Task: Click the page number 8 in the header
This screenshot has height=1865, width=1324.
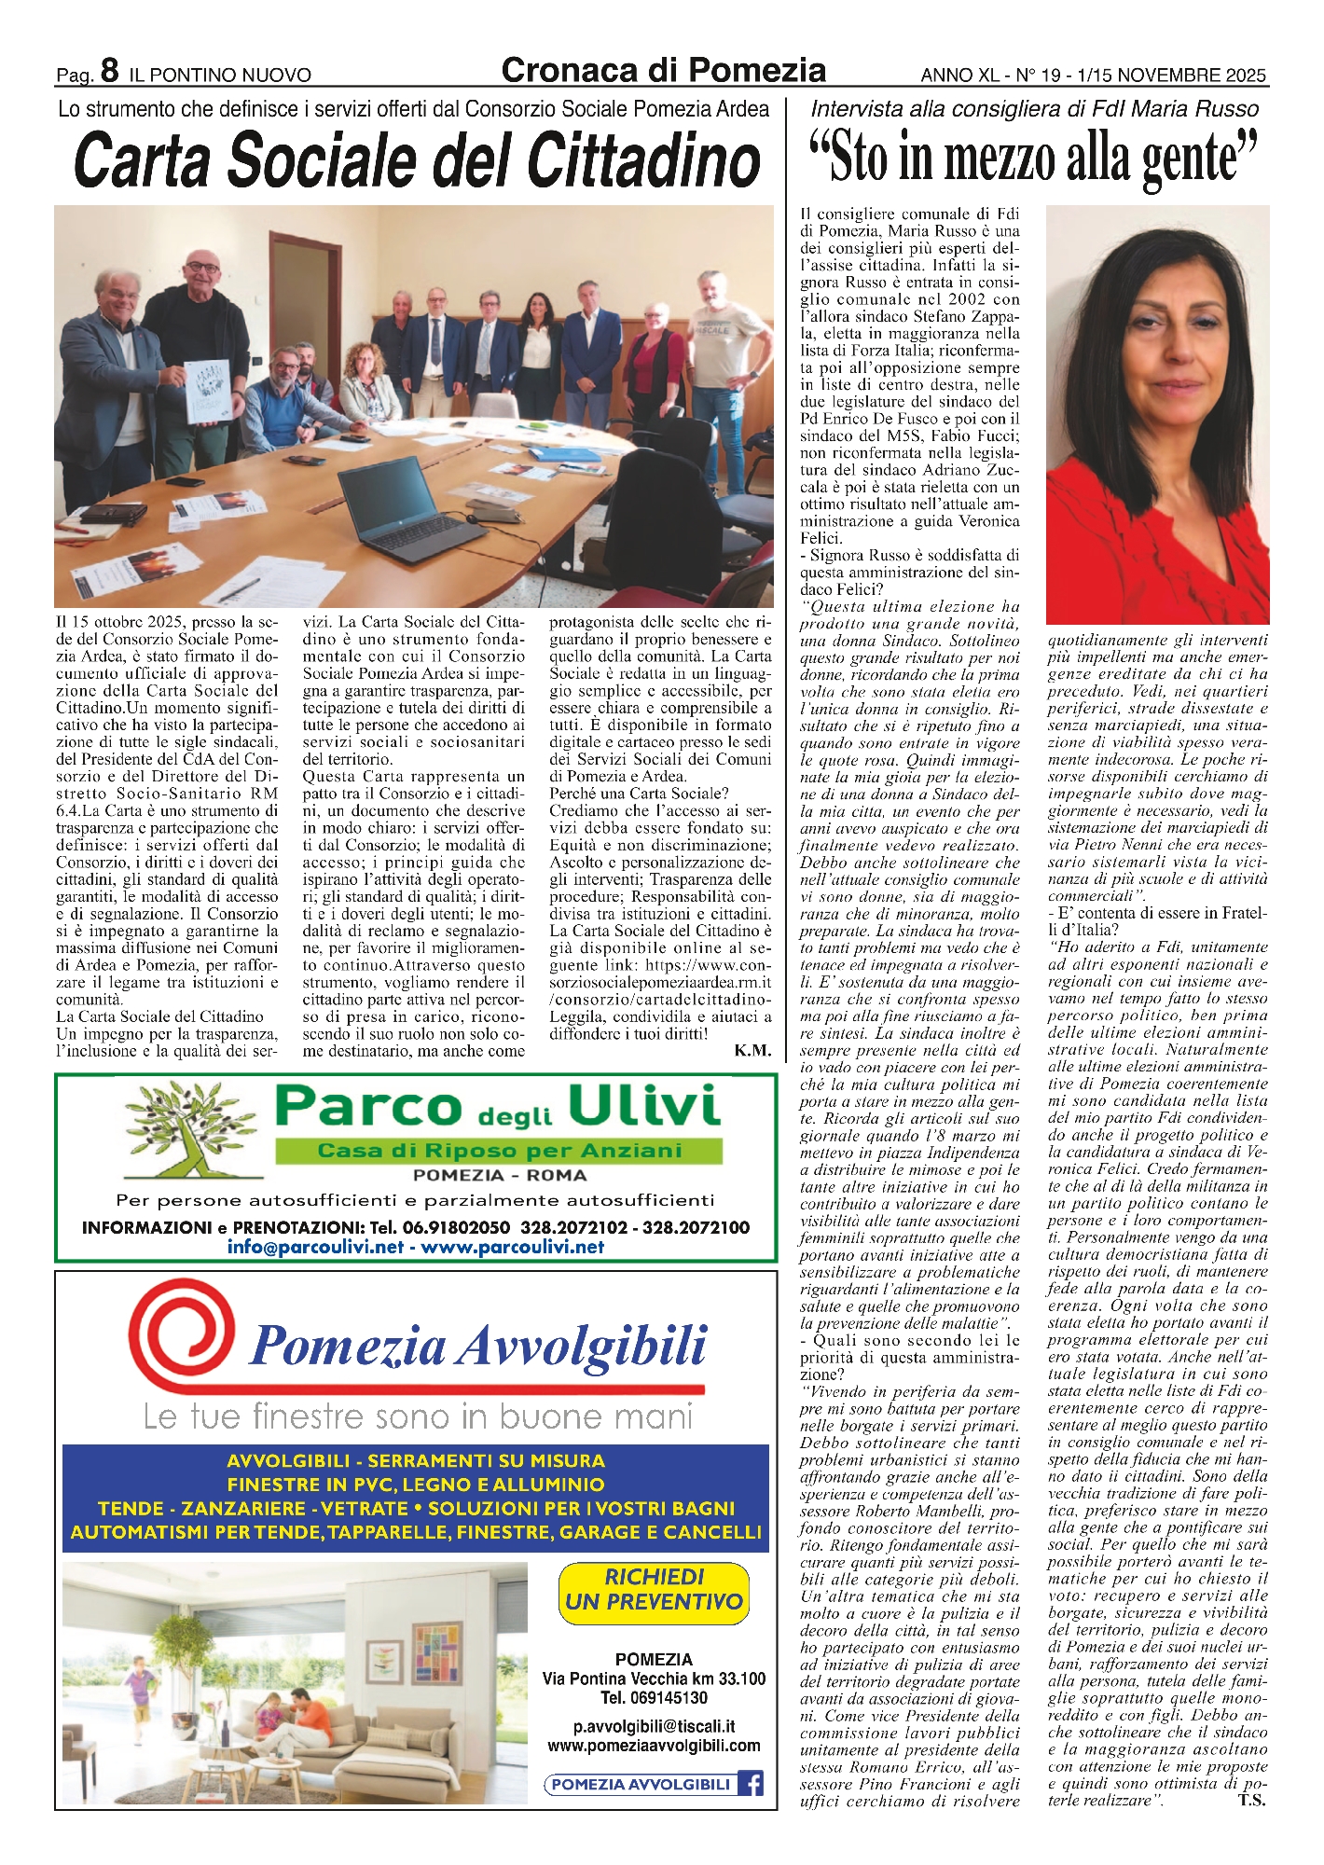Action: [x=109, y=71]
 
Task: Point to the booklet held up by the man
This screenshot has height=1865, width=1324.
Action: [x=208, y=391]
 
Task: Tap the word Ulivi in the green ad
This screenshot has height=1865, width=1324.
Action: [x=644, y=1108]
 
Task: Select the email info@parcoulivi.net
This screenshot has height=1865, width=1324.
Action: [x=314, y=1248]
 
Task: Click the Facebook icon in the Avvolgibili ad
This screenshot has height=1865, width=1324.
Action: [x=751, y=1784]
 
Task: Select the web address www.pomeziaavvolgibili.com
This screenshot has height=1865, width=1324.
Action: [x=654, y=1746]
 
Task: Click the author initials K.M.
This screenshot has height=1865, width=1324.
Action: [x=752, y=1051]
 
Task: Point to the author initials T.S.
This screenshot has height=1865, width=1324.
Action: [x=1251, y=1801]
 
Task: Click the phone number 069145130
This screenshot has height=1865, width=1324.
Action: [x=654, y=1698]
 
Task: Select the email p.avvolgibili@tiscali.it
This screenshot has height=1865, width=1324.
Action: [x=654, y=1727]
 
